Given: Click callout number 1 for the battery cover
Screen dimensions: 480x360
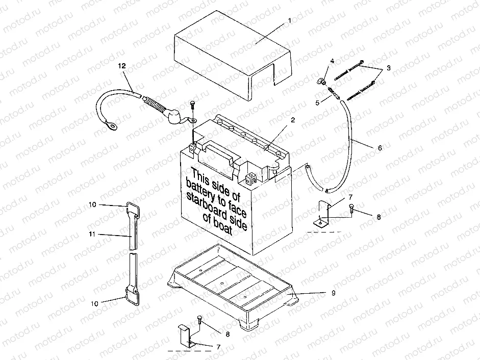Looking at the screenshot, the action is (x=289, y=20).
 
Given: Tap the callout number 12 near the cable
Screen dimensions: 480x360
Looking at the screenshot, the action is (x=121, y=65).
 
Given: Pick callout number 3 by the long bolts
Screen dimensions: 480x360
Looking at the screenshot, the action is (x=388, y=68).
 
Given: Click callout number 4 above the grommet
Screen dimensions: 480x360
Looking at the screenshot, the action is (x=332, y=61).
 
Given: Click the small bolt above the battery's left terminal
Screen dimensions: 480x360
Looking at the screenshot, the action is (x=192, y=106).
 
